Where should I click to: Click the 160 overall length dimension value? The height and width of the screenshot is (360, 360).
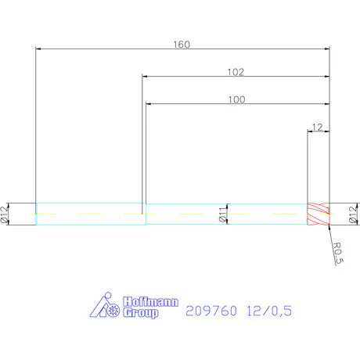[181, 44]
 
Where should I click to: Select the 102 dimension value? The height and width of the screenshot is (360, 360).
[236, 72]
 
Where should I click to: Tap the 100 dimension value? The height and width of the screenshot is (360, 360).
[236, 99]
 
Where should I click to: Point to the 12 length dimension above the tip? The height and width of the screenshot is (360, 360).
[317, 126]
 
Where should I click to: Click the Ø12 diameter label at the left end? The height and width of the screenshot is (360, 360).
[6, 213]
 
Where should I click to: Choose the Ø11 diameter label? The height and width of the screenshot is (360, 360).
[222, 214]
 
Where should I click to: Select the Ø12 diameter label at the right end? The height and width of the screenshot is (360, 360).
[352, 213]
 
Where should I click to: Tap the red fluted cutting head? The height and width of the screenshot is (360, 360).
[319, 214]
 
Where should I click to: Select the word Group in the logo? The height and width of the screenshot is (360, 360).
[140, 313]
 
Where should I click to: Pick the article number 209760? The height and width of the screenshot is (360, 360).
[210, 311]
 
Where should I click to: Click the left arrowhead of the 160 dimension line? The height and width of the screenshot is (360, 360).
[39, 49]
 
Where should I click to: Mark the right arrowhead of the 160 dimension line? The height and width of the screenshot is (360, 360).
[326, 49]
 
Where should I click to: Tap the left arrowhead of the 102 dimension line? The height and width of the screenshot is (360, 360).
[145, 77]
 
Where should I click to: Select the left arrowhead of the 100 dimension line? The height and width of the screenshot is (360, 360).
[149, 104]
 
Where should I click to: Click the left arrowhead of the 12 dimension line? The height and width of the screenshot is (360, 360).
[310, 131]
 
